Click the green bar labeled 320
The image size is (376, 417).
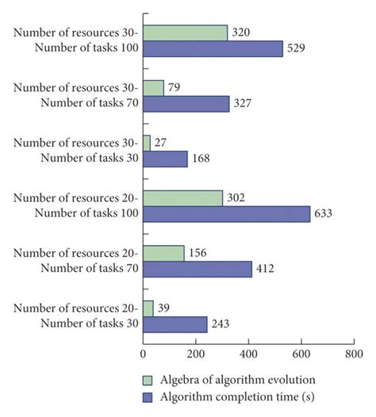pos(185,33)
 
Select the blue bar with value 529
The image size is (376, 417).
pos(213,49)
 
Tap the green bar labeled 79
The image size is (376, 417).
pos(153,87)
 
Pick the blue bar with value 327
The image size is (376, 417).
pos(186,104)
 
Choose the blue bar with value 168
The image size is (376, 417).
pos(165,159)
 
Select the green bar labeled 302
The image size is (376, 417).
pos(182,197)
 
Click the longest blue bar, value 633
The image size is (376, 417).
pos(226,214)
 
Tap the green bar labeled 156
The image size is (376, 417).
pos(163,252)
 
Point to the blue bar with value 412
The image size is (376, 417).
pos(197,269)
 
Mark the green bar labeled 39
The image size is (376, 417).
pos(148,307)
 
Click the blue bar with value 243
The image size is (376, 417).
pos(175,323)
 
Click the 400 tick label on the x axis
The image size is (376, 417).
pos(248,354)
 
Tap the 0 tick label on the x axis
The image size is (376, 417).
pos(144,354)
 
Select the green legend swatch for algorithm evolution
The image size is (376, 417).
pos(148,378)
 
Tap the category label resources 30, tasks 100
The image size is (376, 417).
pos(75,41)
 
